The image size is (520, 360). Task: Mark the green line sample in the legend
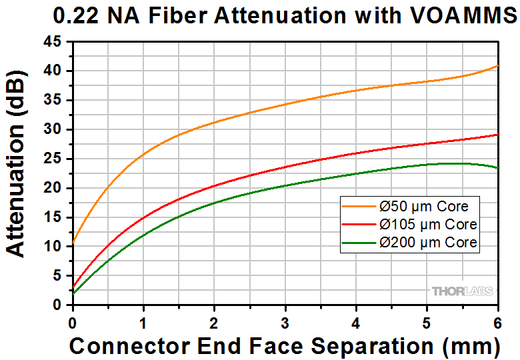pos(357,242)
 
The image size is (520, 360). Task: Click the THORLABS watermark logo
pos(462,291)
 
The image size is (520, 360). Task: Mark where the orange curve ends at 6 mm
pos(497,66)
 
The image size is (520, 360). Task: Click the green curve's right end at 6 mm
pos(497,167)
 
